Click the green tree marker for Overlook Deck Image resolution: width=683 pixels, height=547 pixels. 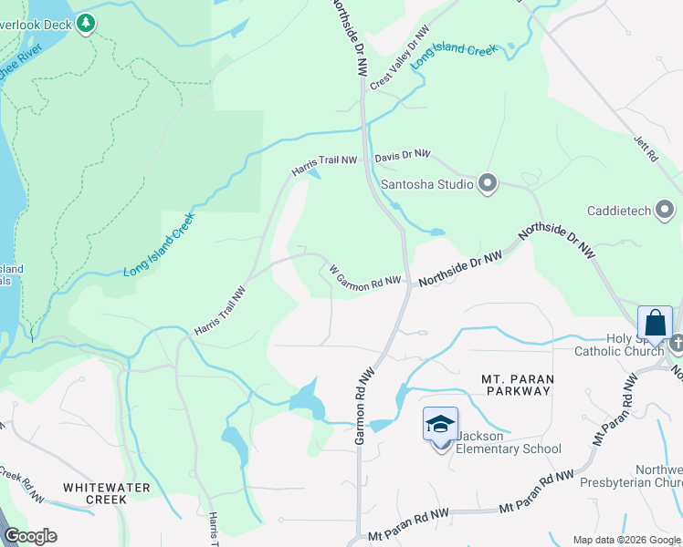pyautogui.click(x=86, y=23)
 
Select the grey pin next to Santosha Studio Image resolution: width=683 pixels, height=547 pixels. pyautogui.click(x=488, y=184)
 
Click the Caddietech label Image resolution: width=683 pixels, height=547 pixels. pyautogui.click(x=619, y=212)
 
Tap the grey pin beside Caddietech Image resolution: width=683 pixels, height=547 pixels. pyautogui.click(x=665, y=212)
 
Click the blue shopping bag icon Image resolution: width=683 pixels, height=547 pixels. pyautogui.click(x=656, y=323)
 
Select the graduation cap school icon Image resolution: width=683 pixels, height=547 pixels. pyautogui.click(x=440, y=424)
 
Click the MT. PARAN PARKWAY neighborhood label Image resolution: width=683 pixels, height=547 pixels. pyautogui.click(x=516, y=385)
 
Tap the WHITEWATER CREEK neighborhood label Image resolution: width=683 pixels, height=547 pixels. pyautogui.click(x=106, y=494)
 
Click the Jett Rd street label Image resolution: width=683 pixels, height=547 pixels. pyautogui.click(x=646, y=149)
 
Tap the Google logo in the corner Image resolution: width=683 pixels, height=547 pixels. pyautogui.click(x=30, y=536)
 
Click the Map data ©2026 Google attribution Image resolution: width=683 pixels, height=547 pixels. pyautogui.click(x=626, y=540)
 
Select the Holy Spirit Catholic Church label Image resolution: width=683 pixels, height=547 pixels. pyautogui.click(x=621, y=345)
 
